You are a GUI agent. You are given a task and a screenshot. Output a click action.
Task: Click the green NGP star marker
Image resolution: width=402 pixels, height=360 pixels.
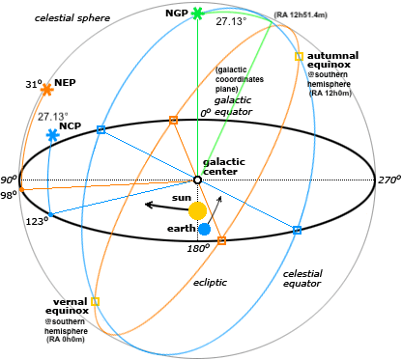coord(197,14)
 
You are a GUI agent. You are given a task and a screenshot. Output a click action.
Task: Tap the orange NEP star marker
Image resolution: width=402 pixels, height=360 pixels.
coord(45,90)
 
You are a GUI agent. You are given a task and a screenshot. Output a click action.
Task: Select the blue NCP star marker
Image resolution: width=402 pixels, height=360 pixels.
coord(52,137)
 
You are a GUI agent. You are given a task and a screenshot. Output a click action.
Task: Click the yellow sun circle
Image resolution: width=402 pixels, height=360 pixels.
coord(197,210)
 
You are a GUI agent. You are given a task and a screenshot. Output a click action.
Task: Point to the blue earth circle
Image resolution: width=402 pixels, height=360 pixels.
coord(205,229)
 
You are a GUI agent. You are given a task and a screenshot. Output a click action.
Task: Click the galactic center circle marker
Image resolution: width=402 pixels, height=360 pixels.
coord(197,180)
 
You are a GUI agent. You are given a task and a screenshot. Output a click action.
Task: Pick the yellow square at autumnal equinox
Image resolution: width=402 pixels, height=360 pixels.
coord(299,57)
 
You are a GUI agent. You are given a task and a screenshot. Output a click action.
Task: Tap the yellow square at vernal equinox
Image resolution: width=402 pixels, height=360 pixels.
coord(95,301)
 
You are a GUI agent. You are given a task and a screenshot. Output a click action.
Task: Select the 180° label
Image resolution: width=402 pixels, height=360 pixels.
coord(198,248)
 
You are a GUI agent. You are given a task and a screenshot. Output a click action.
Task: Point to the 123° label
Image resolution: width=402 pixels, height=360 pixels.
coord(37,220)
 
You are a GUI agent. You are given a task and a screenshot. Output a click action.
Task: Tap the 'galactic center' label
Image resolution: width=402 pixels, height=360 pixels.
coord(227,166)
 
